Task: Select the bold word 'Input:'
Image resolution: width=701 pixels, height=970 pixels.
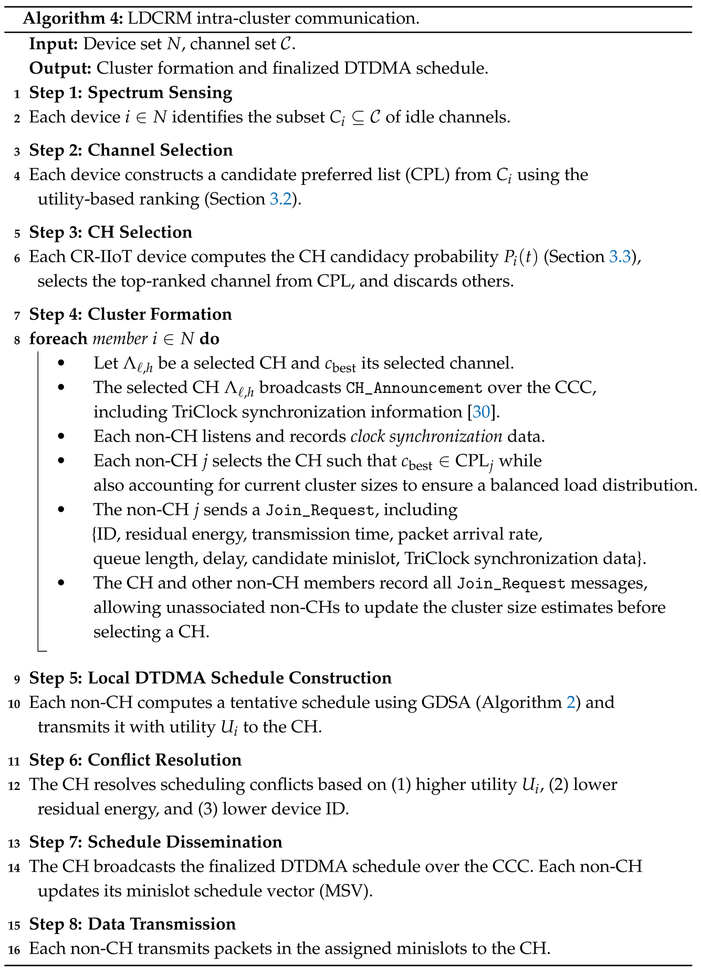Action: pyautogui.click(x=54, y=44)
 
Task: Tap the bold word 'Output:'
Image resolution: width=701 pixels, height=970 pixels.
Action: pyautogui.click(x=61, y=68)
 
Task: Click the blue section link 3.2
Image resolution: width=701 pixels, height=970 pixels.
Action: pyautogui.click(x=280, y=200)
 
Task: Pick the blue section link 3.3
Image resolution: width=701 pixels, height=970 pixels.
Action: pyautogui.click(x=620, y=257)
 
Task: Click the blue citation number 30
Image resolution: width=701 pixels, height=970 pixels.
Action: pyautogui.click(x=481, y=412)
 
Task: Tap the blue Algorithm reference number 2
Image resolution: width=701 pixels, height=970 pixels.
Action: pyautogui.click(x=571, y=703)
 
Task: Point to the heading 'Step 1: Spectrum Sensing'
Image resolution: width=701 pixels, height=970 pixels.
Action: pyautogui.click(x=131, y=93)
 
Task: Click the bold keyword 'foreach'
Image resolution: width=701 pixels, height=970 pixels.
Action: pyautogui.click(x=58, y=339)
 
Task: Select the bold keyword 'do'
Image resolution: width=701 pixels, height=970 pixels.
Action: pyautogui.click(x=210, y=339)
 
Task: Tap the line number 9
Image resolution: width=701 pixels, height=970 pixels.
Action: pyautogui.click(x=17, y=679)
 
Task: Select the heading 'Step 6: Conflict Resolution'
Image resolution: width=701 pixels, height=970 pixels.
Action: pyautogui.click(x=135, y=760)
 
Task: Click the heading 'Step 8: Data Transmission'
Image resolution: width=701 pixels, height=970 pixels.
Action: pyautogui.click(x=132, y=924)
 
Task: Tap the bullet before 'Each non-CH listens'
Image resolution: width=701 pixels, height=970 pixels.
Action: pyautogui.click(x=61, y=436)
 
